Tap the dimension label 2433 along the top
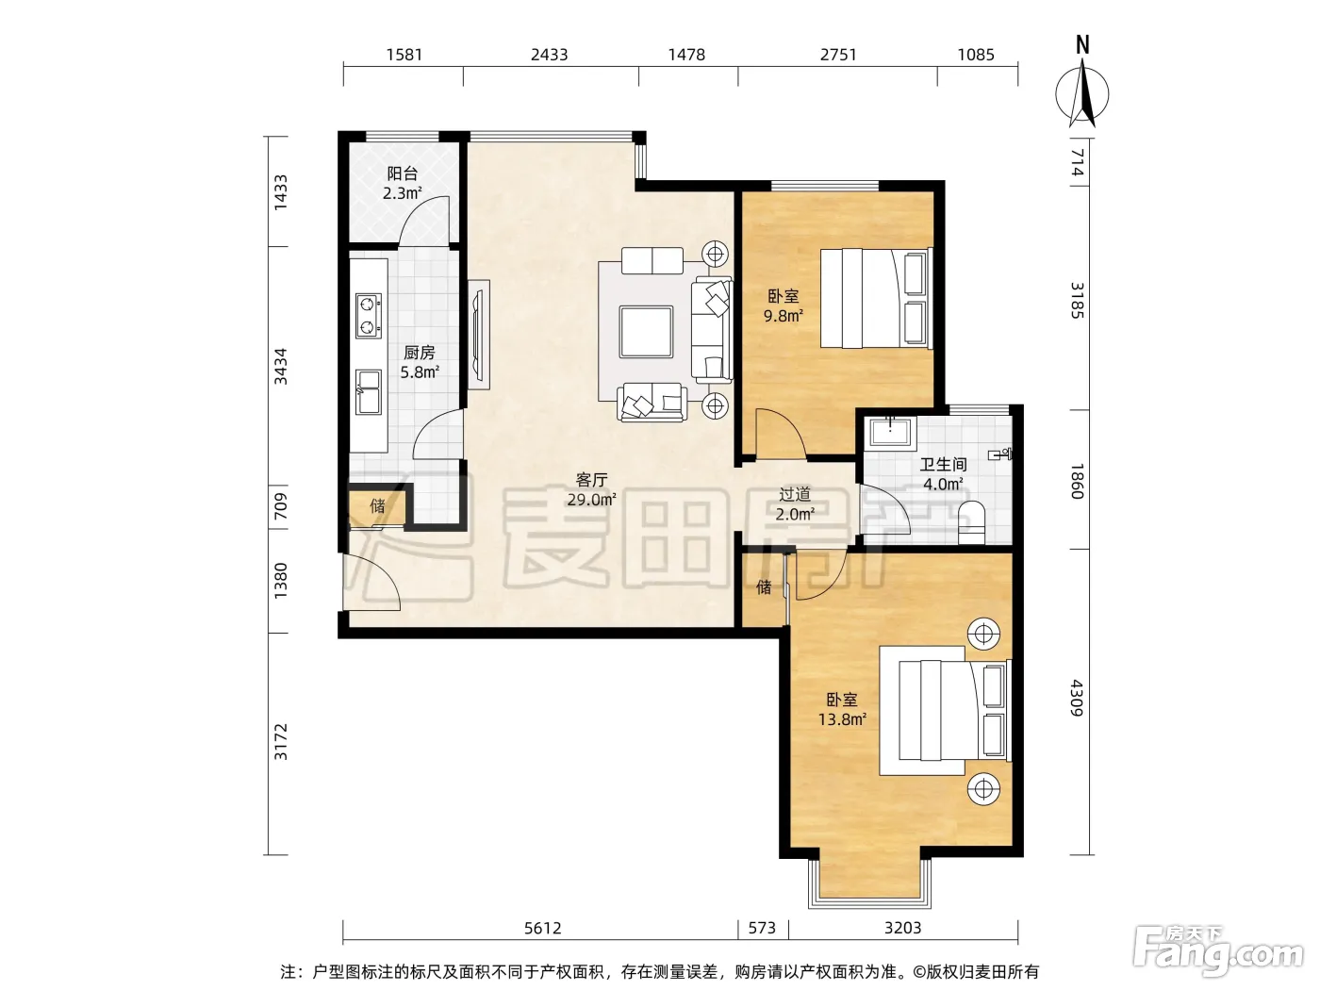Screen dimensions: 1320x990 click(x=549, y=55)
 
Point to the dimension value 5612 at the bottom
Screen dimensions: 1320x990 click(x=542, y=928)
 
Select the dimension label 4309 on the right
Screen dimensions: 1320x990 click(x=1077, y=698)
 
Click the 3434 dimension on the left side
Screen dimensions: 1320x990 click(x=280, y=367)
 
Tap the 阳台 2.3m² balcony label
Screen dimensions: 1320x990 click(x=403, y=183)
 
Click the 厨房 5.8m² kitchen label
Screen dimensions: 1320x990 click(x=420, y=362)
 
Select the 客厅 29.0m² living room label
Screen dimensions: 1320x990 click(x=592, y=489)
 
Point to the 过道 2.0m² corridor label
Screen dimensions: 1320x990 click(x=795, y=503)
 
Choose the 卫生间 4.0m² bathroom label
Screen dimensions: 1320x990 click(x=943, y=473)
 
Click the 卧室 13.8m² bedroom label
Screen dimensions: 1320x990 click(x=842, y=709)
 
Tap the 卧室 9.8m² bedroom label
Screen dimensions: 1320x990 click(x=783, y=305)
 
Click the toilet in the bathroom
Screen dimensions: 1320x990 click(x=970, y=522)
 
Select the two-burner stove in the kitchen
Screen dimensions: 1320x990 click(x=368, y=316)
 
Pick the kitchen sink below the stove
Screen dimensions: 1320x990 click(x=368, y=392)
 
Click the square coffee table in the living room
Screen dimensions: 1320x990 click(x=646, y=332)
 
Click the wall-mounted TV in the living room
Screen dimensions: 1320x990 click(x=479, y=335)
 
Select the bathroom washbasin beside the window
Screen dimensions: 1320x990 click(x=890, y=432)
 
